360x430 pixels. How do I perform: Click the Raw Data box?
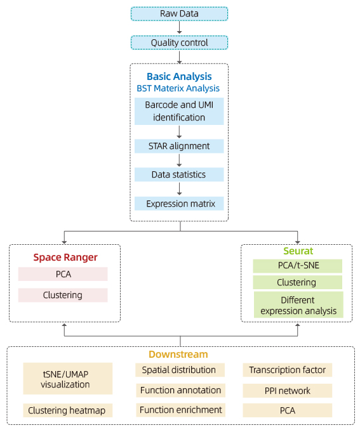[179, 14]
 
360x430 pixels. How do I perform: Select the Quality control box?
[179, 42]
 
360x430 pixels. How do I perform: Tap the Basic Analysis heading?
[179, 76]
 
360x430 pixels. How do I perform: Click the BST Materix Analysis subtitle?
[178, 88]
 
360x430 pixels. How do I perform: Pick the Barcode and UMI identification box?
[179, 112]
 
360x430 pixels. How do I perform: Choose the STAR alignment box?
[179, 146]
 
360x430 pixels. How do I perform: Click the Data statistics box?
[179, 174]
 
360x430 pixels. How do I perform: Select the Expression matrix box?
[179, 204]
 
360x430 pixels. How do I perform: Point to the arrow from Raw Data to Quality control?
[179, 27]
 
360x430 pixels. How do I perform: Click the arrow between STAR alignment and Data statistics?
[179, 160]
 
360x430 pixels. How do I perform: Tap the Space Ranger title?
[65, 257]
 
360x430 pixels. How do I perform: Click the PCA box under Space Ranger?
[63, 274]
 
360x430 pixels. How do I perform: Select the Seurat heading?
[298, 251]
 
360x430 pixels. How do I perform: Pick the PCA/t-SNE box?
[297, 266]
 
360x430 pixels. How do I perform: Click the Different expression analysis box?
[298, 304]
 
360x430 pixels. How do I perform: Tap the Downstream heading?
[178, 355]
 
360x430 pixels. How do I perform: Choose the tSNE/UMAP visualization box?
[68, 379]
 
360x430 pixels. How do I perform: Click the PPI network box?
[288, 391]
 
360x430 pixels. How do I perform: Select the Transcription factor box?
[288, 370]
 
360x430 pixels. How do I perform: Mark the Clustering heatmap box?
[68, 410]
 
